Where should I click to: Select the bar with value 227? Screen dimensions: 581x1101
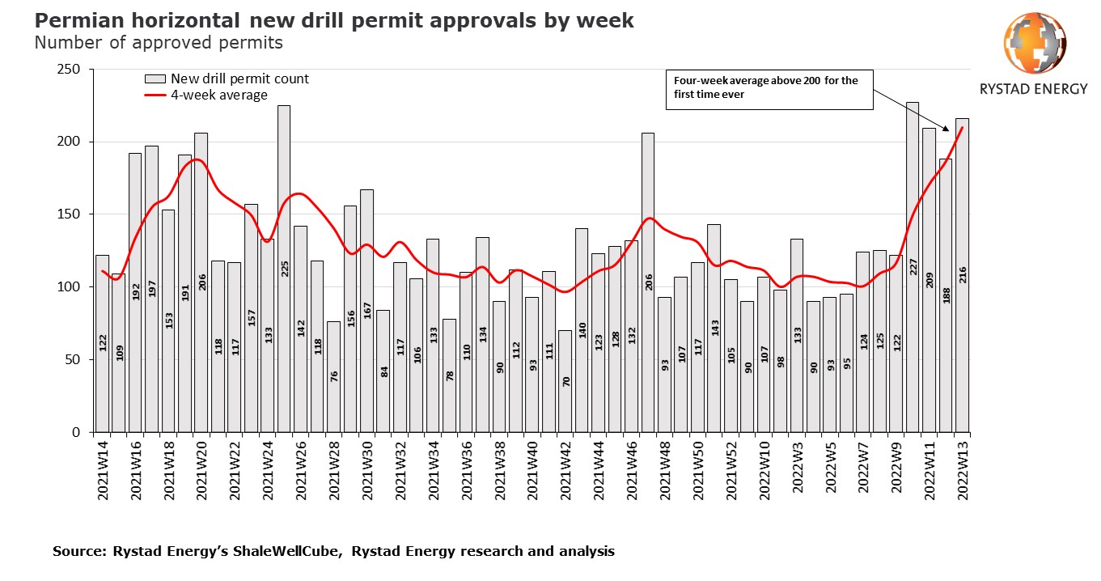pos(913,267)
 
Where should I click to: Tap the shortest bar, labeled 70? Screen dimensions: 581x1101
pos(565,381)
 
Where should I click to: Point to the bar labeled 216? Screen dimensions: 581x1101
pos(962,275)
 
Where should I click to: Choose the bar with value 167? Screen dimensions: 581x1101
pos(366,311)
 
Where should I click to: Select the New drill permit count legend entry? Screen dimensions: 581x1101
pos(239,78)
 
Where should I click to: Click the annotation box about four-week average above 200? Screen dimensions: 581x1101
pos(769,88)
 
